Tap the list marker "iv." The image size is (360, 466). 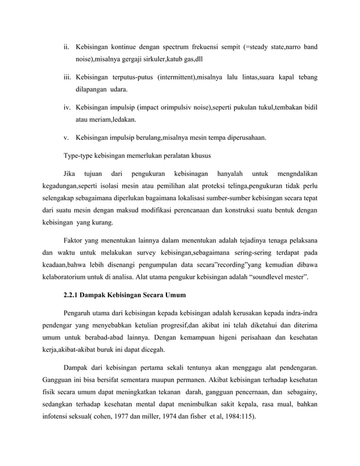[66, 107]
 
